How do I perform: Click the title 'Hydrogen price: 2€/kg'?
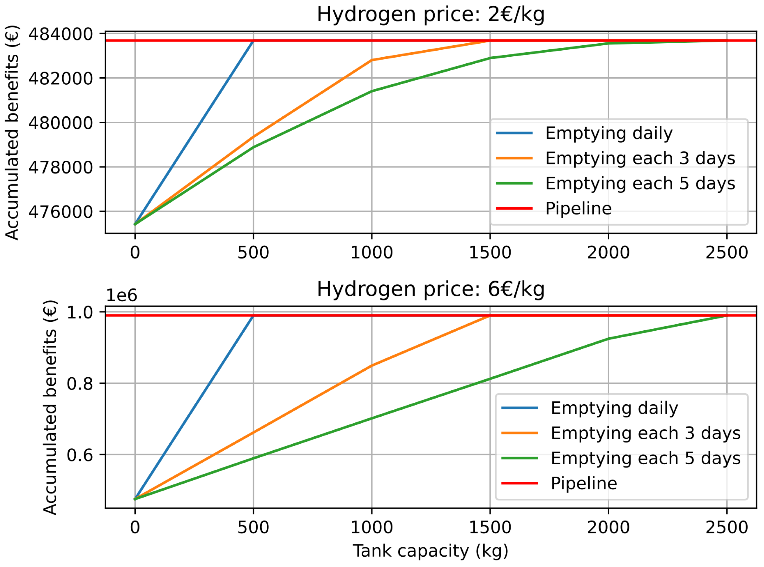pos(430,14)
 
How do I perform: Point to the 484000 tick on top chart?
pos(60,34)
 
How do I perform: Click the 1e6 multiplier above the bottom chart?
pos(121,295)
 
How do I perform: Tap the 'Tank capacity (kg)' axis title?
pos(430,551)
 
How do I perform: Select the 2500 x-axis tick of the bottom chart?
pos(727,527)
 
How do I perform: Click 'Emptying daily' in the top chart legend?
pos(609,133)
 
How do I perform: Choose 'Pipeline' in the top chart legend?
pos(578,208)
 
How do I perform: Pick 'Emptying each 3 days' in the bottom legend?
pos(645,433)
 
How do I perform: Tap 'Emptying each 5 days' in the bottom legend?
pos(645,458)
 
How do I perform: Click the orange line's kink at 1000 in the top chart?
pos(371,60)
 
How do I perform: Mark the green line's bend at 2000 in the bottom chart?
pos(608,339)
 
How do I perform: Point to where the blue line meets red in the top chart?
pos(253,41)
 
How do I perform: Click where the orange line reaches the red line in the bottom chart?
pos(490,315)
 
